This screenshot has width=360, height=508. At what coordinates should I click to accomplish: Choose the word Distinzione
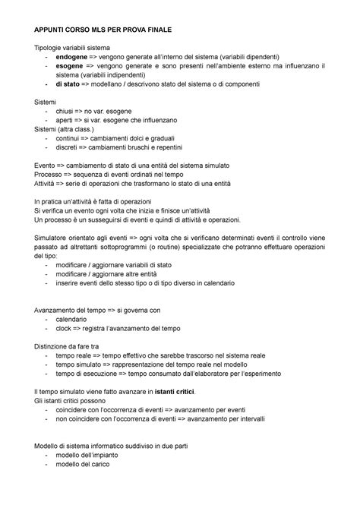(56, 346)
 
